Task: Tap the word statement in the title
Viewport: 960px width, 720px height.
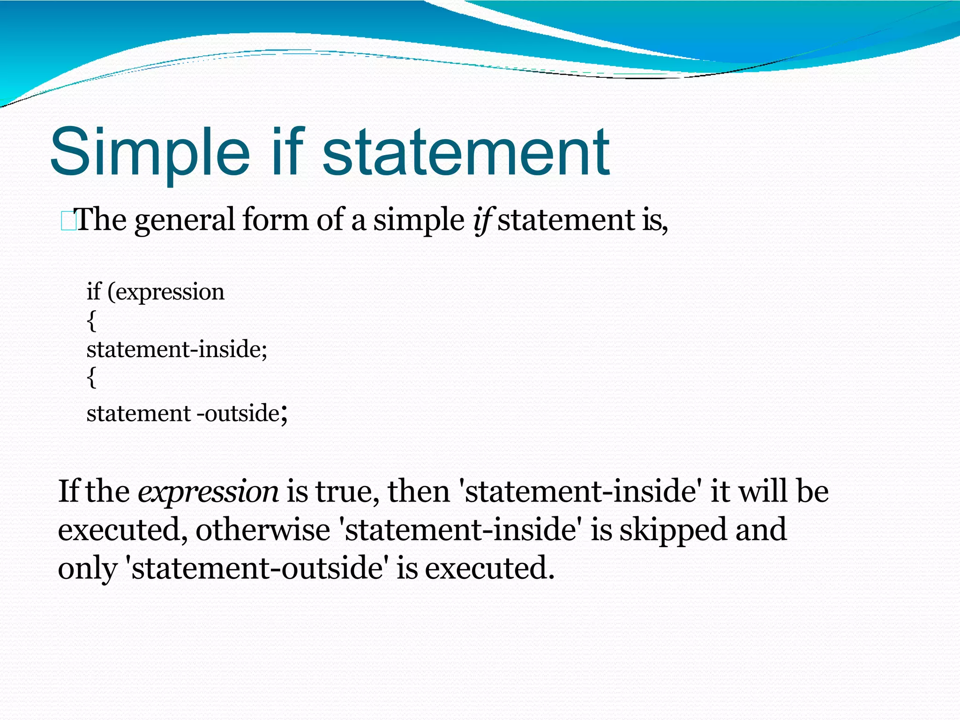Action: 466,152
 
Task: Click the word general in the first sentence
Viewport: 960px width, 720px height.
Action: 184,220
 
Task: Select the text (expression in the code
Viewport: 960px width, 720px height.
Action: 166,292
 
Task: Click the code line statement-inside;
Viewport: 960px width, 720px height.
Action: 177,349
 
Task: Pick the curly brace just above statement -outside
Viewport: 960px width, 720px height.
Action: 92,377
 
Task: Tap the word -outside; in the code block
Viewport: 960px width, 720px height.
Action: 242,413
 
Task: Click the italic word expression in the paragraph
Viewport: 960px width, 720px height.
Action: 208,492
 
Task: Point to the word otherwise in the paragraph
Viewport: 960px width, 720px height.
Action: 263,530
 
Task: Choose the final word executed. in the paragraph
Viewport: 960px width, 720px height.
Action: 490,568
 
